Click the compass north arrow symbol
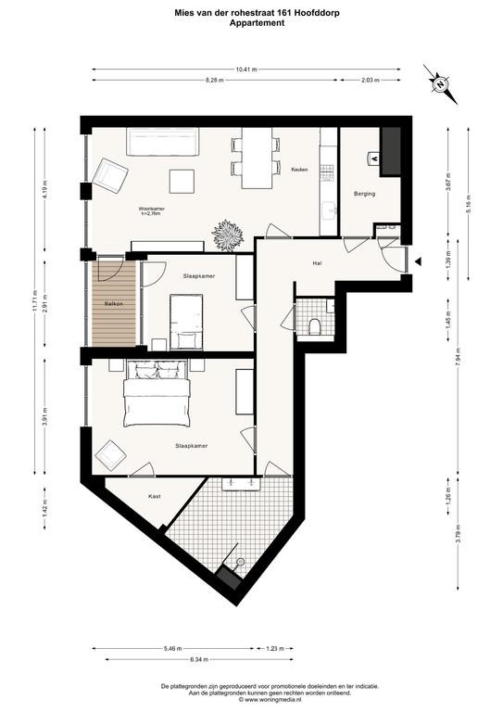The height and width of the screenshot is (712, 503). point(438,82)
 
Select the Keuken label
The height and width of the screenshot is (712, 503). point(299,170)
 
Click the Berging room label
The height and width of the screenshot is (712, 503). point(364,193)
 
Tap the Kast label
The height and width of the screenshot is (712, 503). point(155,497)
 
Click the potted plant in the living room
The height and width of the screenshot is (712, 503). point(227,235)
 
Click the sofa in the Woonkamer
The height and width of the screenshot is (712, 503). point(164,142)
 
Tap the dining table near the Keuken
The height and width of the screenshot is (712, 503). point(255,155)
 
